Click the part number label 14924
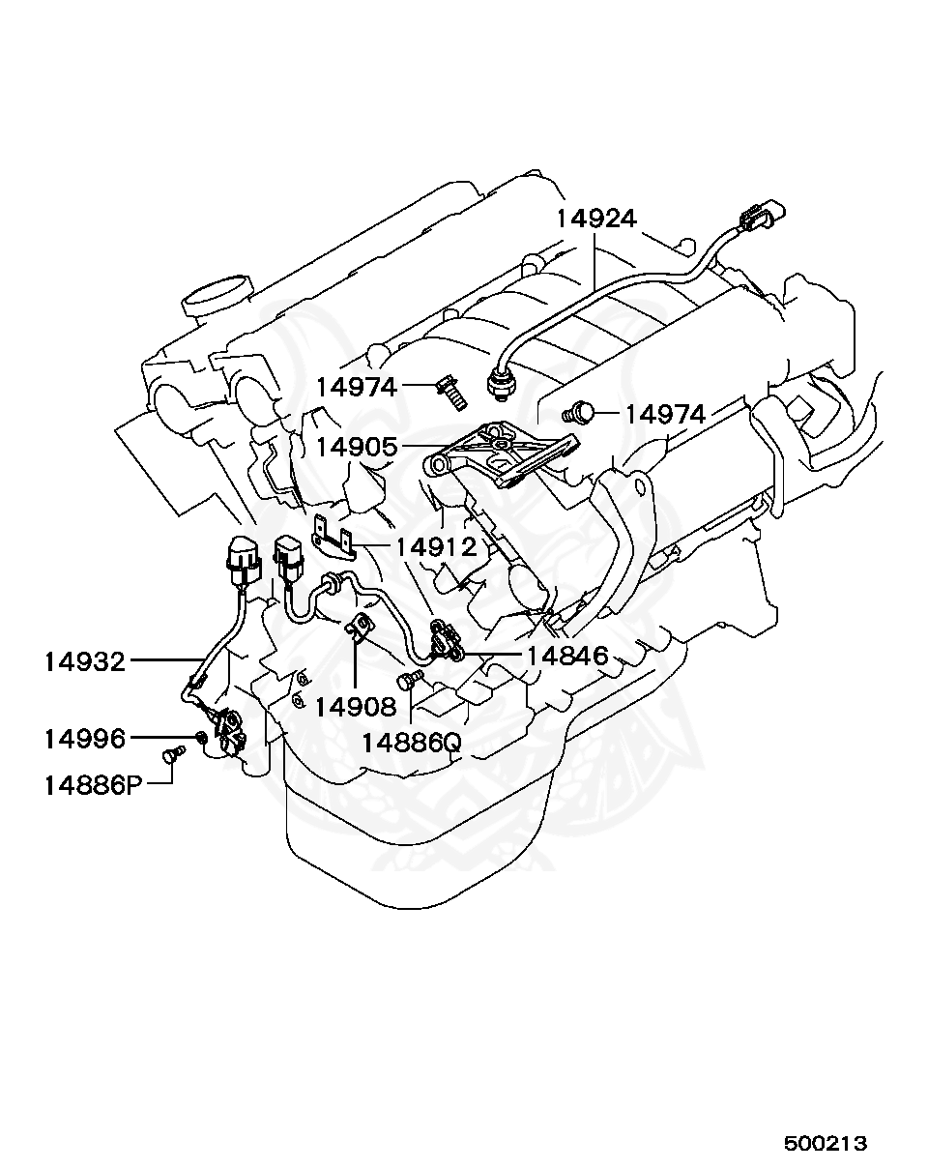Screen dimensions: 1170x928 595,219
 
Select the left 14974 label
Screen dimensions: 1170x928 357,388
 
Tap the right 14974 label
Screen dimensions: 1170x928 665,414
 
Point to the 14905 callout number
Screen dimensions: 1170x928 357,447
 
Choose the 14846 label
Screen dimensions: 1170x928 566,657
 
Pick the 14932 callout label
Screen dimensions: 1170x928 84,662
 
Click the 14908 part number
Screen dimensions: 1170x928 356,707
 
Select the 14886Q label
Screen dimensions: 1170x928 412,743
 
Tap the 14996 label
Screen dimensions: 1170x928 84,739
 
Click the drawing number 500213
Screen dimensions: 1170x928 825,1143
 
